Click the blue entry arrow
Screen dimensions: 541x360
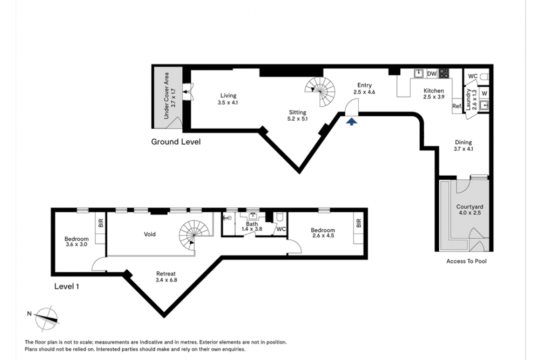tap(351, 121)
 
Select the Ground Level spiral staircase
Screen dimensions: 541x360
tap(320, 92)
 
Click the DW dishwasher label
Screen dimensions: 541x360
tap(432, 74)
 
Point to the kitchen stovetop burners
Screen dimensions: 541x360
tap(444, 73)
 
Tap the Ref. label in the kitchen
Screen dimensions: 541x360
tap(457, 106)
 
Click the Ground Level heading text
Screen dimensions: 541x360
tap(176, 142)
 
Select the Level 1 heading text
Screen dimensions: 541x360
tap(67, 286)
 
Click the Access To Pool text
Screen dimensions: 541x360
tap(466, 261)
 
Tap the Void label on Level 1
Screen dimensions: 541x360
tap(150, 234)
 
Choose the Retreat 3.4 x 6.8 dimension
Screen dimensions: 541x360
tap(166, 280)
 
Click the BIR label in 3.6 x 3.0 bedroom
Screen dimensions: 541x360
tap(101, 223)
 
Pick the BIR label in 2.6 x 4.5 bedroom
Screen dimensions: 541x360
tap(359, 223)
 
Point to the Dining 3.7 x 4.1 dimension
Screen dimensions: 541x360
tap(463, 149)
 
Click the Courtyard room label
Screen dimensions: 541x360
tap(469, 207)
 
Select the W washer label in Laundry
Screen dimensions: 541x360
tap(484, 93)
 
